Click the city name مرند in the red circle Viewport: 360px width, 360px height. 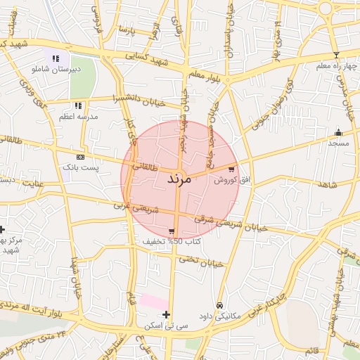(179, 180)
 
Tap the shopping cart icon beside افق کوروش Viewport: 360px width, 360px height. (232, 169)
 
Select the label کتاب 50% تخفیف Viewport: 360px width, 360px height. (172, 241)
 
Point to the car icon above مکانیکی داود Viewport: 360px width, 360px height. (221, 306)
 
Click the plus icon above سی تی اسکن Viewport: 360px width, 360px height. (166, 314)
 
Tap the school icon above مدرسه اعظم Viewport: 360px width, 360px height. (78, 105)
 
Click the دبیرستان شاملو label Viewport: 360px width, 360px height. (51, 70)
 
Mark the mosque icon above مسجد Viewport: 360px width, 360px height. (339, 132)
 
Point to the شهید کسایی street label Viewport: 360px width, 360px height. (147, 60)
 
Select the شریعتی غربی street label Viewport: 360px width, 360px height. (137, 207)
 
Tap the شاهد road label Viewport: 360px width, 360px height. (327, 184)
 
